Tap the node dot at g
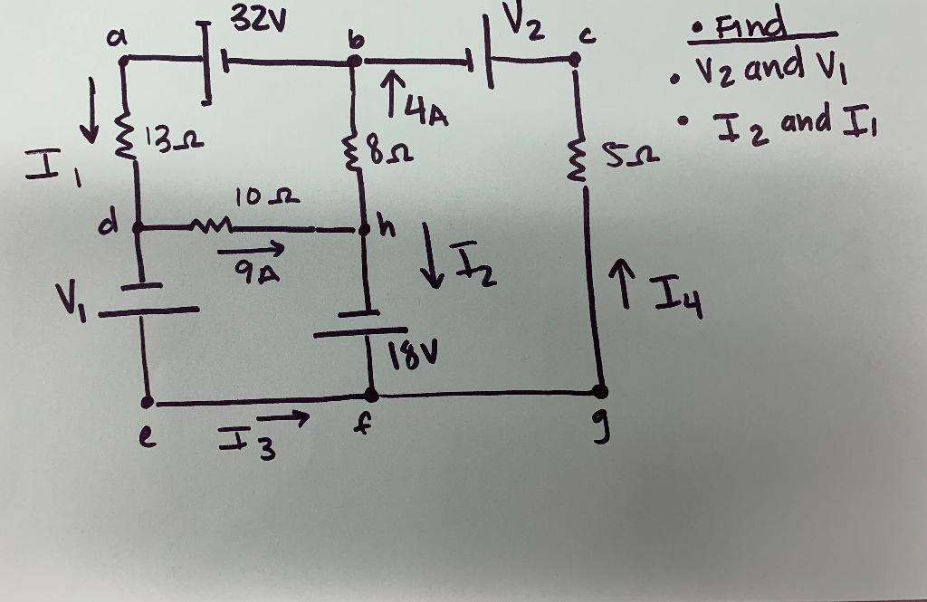pos(598,391)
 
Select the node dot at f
pos(371,394)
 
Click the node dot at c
pos(574,60)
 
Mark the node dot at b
pos(355,61)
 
